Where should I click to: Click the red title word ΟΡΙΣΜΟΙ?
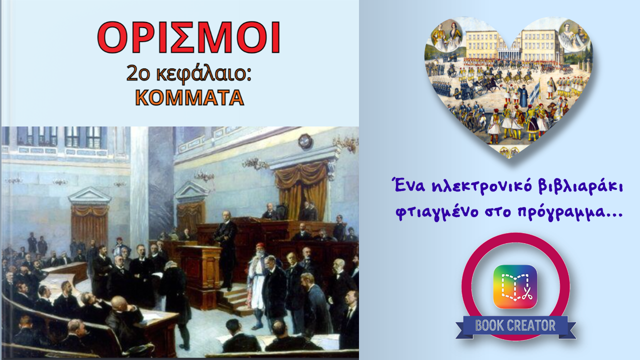[188, 37]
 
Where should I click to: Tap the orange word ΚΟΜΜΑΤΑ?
[189, 97]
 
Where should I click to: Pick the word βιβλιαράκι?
[580, 186]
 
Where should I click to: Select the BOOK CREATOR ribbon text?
[515, 325]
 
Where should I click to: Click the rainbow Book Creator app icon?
[515, 286]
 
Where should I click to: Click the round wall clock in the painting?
[305, 141]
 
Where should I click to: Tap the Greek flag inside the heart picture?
[535, 92]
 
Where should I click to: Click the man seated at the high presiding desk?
[270, 211]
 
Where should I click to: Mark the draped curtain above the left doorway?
[89, 210]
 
